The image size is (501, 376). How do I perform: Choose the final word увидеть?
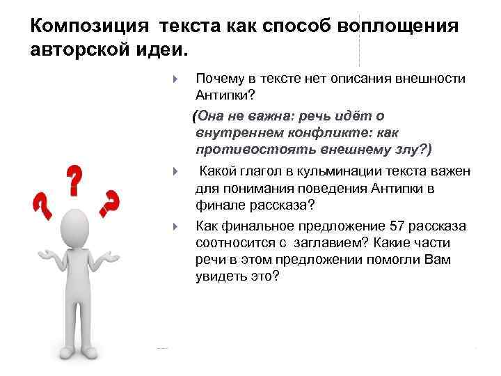point(221,276)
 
